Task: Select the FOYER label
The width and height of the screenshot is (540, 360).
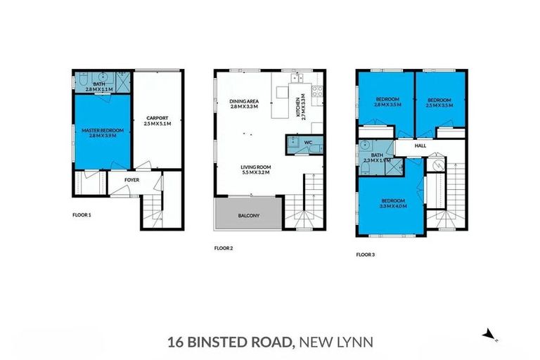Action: click(131, 180)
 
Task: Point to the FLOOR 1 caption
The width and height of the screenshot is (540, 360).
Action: click(82, 214)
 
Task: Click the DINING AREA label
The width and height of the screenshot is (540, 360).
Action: click(244, 102)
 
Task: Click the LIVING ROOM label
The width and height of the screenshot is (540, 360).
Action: click(256, 167)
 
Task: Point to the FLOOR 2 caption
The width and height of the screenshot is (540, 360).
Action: click(224, 248)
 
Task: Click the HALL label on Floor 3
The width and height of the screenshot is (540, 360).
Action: click(420, 146)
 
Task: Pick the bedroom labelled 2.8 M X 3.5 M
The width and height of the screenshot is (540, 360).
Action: click(387, 101)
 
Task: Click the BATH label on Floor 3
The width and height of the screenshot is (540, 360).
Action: click(377, 155)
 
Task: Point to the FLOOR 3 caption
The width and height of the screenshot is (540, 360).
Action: click(365, 255)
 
